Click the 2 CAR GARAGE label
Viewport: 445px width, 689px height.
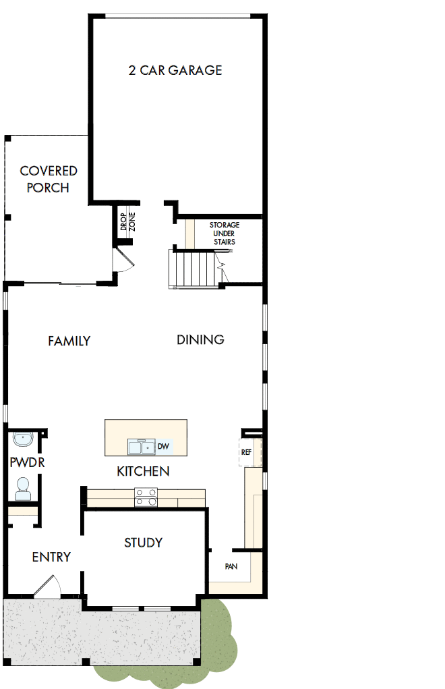[175, 70]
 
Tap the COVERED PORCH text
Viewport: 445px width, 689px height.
[48, 180]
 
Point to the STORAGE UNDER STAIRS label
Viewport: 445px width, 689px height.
[224, 233]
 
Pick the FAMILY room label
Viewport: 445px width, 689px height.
[69, 341]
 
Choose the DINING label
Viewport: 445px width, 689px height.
[200, 339]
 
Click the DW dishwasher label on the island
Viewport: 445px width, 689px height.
[162, 446]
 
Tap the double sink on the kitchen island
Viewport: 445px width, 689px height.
[141, 447]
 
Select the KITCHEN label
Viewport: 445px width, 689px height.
[143, 471]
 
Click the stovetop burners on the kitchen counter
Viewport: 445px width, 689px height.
[146, 497]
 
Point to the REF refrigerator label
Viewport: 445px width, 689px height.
[246, 452]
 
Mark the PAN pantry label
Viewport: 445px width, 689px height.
[231, 567]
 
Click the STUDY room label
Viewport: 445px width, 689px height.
[143, 543]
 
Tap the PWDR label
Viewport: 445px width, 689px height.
[22, 464]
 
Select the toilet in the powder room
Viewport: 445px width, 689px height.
[24, 488]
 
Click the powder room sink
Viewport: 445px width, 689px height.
[24, 440]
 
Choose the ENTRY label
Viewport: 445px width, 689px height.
[51, 557]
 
